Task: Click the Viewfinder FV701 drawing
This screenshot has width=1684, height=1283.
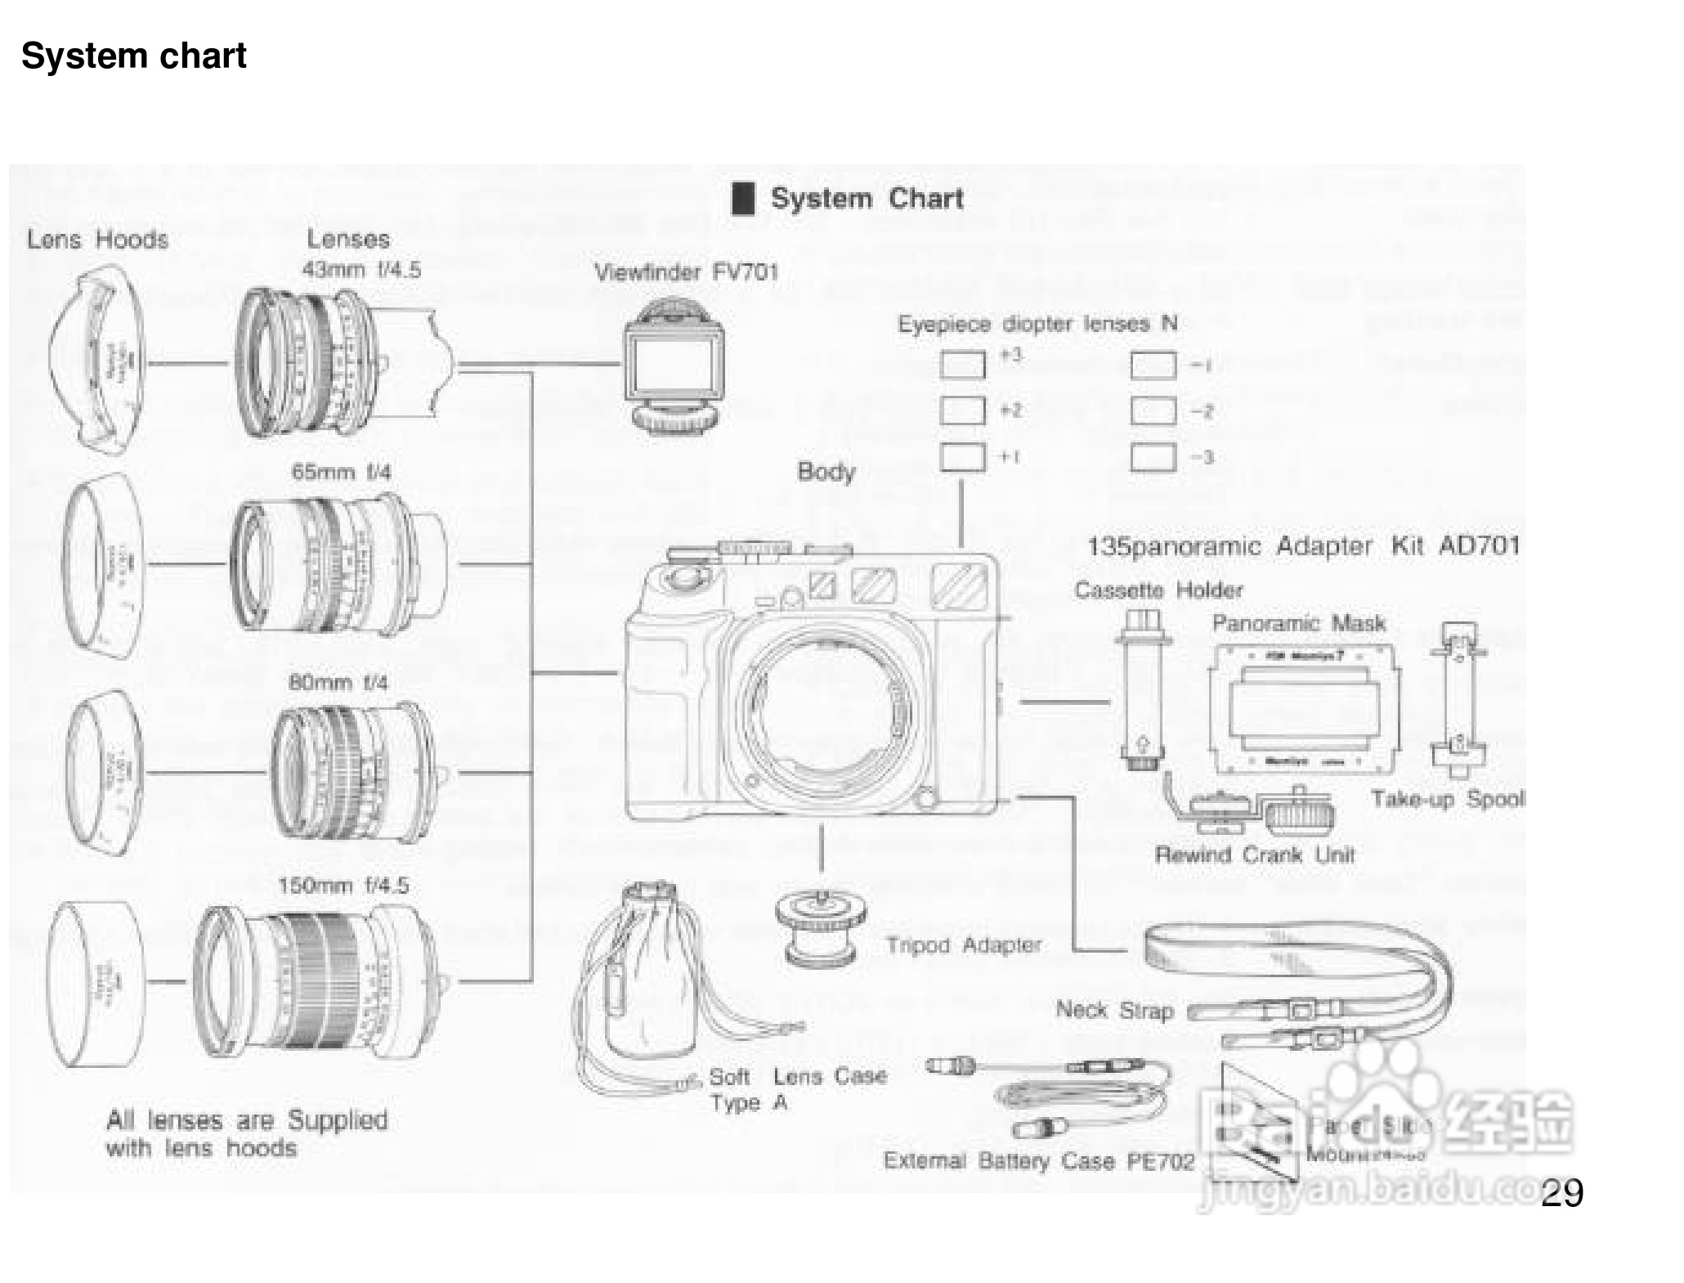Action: click(674, 366)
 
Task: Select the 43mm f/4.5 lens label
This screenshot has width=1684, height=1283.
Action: click(361, 270)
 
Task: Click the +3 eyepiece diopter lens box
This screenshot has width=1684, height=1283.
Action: click(962, 365)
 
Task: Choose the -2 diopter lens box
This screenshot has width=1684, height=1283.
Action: click(1153, 411)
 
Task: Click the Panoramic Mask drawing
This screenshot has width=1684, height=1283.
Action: click(1305, 708)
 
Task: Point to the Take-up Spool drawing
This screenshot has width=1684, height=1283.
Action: click(1458, 698)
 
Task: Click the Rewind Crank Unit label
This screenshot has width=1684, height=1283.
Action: click(1254, 855)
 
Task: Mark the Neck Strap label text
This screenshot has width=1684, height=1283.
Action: click(1114, 1010)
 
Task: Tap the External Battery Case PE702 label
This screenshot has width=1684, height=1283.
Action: click(1038, 1161)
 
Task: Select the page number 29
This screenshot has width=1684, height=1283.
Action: click(1561, 1193)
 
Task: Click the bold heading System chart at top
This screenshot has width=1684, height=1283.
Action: click(133, 56)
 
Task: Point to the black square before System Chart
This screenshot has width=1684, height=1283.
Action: click(742, 199)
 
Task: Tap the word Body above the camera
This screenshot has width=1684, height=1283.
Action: click(826, 472)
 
